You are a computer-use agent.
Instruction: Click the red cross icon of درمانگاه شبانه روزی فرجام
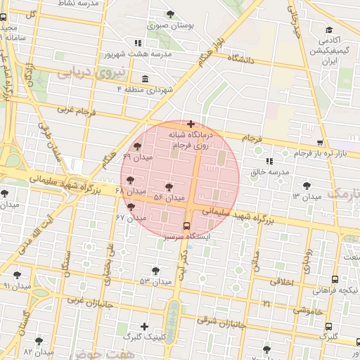(x=191, y=124)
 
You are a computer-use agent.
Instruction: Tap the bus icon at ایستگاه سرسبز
(x=186, y=226)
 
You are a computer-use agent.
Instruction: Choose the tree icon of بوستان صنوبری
(x=170, y=14)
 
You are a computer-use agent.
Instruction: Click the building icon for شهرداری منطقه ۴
(x=145, y=79)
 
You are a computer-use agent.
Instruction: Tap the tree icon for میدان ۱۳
(x=307, y=185)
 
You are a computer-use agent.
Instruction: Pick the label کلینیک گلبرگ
(x=169, y=335)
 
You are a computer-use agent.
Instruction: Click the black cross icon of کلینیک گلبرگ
(x=144, y=326)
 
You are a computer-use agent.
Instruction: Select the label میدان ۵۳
(x=155, y=281)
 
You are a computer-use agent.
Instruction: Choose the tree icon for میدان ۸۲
(x=39, y=341)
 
